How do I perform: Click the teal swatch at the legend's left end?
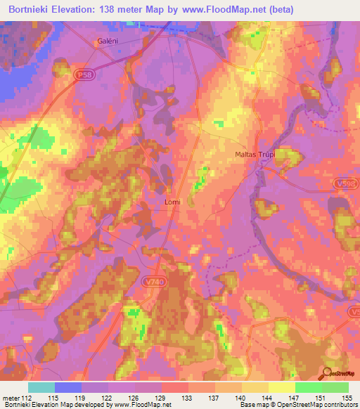pyautogui.click(x=41, y=387)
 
